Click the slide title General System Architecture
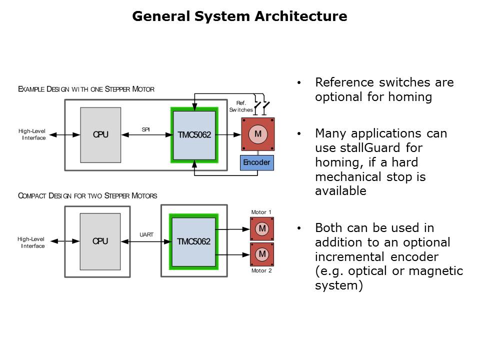pyautogui.click(x=239, y=16)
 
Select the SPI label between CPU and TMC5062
pyautogui.click(x=146, y=129)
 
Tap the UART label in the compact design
pyautogui.click(x=146, y=234)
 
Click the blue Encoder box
pyautogui.click(x=256, y=162)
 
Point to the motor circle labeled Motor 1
pyautogui.click(x=262, y=228)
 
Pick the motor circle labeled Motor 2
pyautogui.click(x=262, y=254)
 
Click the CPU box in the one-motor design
pyautogui.click(x=100, y=134)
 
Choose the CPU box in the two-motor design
pyautogui.click(x=100, y=241)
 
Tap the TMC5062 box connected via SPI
pyautogui.click(x=194, y=134)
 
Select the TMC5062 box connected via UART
pyautogui.click(x=193, y=241)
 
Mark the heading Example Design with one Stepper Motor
pyautogui.click(x=86, y=89)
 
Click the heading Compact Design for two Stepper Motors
pyautogui.click(x=87, y=195)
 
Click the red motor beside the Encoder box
pyautogui.click(x=258, y=134)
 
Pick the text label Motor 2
pyautogui.click(x=261, y=270)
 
